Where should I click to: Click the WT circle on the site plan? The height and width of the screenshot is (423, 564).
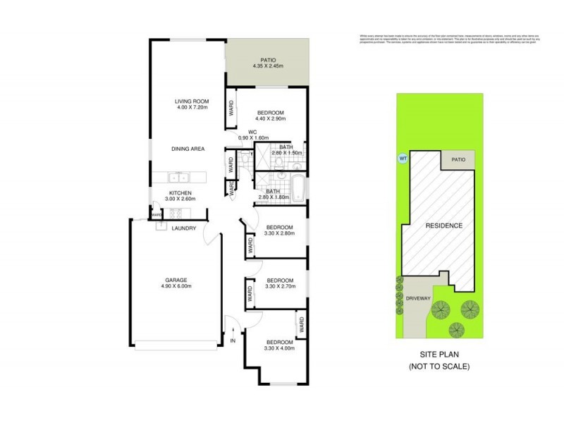pos(403,158)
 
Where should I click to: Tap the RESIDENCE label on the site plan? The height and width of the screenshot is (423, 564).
pos(443,226)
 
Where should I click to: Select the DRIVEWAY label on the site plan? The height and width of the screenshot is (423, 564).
pos(418,298)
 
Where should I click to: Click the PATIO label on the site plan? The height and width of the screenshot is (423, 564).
pos(459,160)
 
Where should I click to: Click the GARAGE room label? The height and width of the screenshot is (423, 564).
pos(176,280)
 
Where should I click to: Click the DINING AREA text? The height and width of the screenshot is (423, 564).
pos(188,149)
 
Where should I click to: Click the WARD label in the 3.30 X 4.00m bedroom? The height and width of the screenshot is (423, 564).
pos(301,326)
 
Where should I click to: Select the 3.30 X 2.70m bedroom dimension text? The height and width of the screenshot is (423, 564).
pos(279,286)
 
